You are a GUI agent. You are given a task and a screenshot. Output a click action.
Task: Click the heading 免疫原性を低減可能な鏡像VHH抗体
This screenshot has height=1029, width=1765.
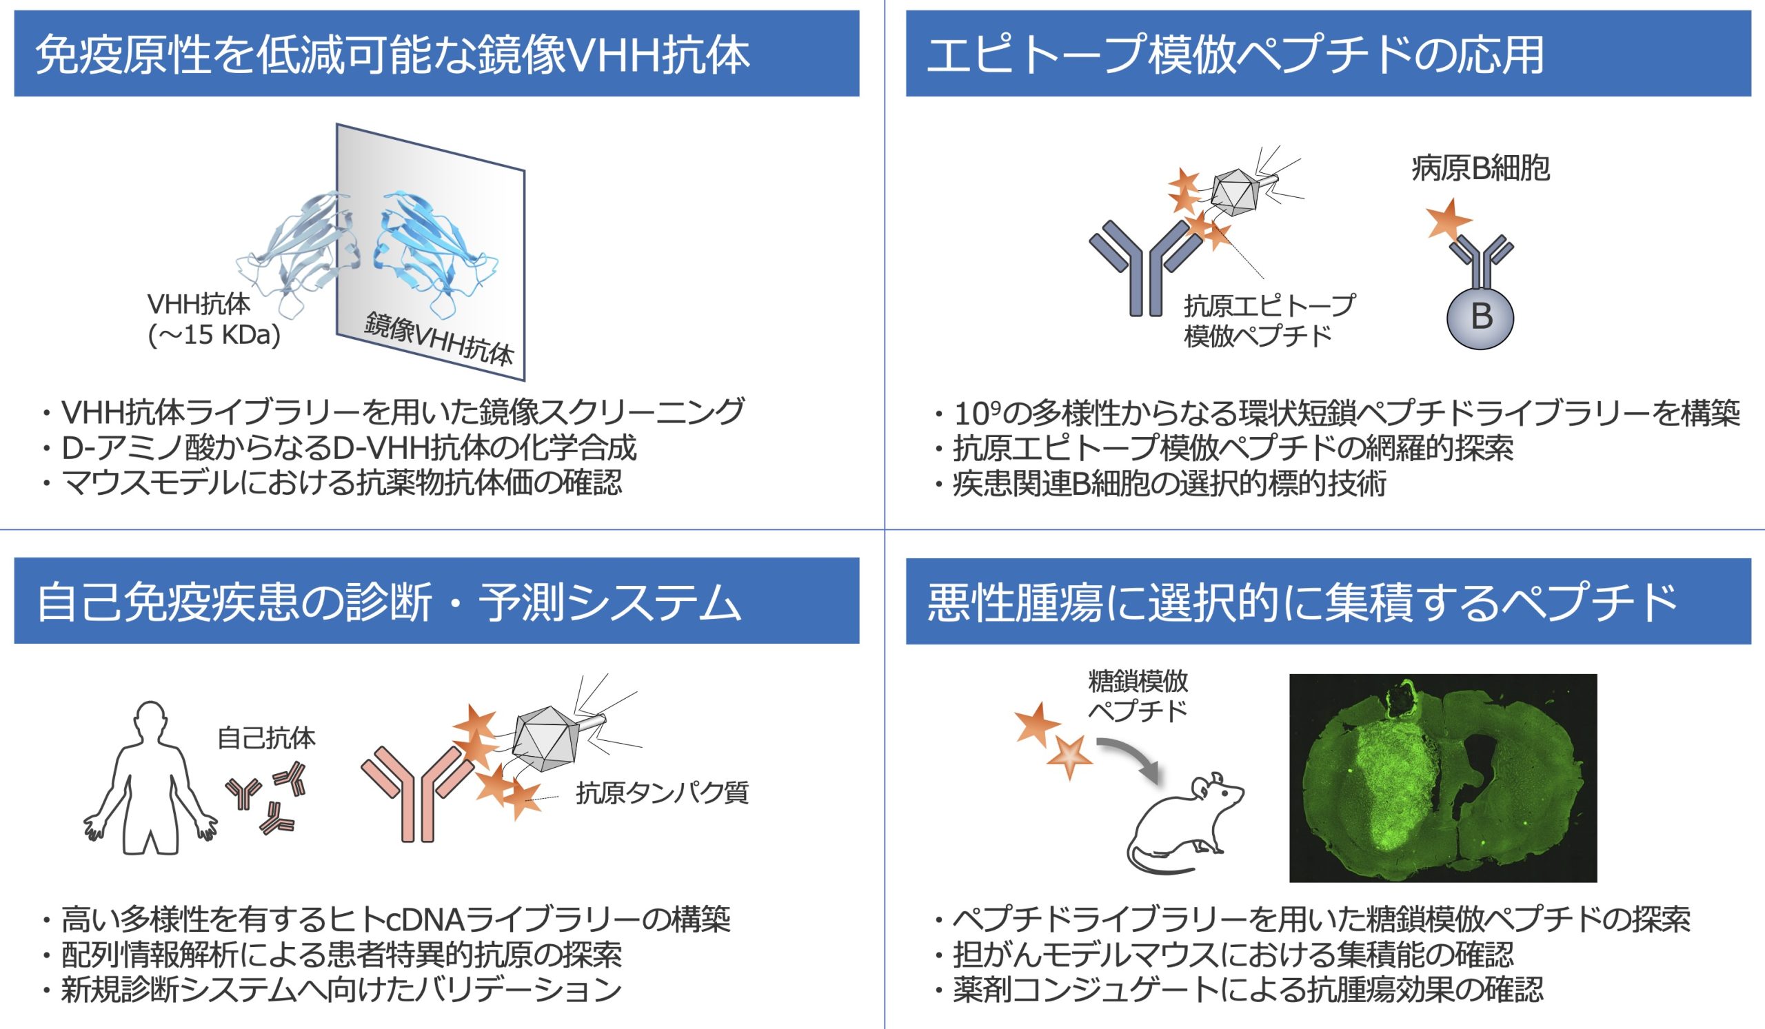click(392, 54)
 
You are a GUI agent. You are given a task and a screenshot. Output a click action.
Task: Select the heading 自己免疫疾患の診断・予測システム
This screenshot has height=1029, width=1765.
click(389, 602)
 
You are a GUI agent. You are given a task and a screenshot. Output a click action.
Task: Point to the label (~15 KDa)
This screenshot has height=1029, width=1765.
click(214, 336)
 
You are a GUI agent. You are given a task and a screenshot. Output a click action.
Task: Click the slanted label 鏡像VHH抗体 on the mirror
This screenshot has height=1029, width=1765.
click(440, 339)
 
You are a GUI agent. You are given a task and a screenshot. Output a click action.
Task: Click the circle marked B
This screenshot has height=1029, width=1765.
click(1481, 316)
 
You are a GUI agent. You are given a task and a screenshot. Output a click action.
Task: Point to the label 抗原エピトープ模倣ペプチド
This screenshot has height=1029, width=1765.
click(1269, 320)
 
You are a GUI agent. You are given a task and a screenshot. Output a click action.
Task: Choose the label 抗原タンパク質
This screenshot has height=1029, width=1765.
click(663, 793)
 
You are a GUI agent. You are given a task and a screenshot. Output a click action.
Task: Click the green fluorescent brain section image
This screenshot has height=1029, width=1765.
click(1443, 777)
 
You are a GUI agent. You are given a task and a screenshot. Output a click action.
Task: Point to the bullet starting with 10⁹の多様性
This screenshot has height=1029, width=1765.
click(1336, 414)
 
